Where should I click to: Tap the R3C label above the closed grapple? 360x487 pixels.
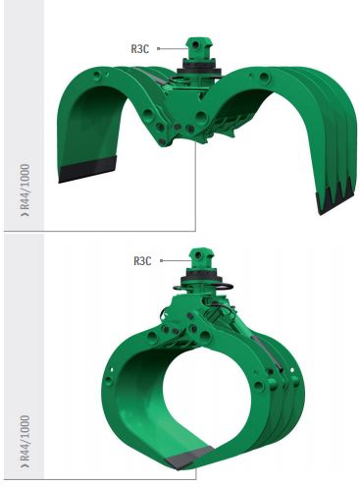point(144,261)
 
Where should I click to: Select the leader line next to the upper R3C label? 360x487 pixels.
point(167,46)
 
